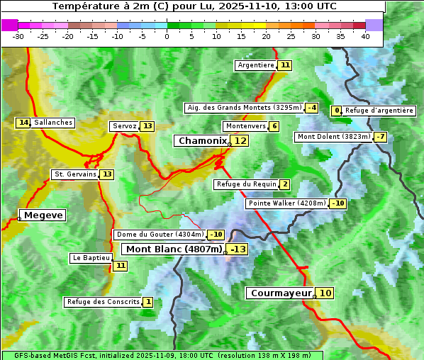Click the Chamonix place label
click(202, 141)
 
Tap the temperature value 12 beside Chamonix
click(241, 141)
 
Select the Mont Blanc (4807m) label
click(174, 249)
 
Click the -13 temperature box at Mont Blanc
click(238, 249)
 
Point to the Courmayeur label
click(281, 293)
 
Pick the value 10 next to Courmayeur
click(325, 293)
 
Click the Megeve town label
click(43, 215)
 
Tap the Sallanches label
click(53, 123)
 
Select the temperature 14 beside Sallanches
click(23, 123)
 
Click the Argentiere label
click(256, 65)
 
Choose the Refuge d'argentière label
click(379, 111)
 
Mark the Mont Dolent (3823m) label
click(334, 137)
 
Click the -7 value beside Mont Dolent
click(381, 137)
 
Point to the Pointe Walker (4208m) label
click(286, 203)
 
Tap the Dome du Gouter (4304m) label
click(160, 235)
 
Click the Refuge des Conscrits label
click(104, 302)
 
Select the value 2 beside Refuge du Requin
click(285, 184)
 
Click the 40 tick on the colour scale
click(365, 36)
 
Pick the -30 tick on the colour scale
click(18, 36)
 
